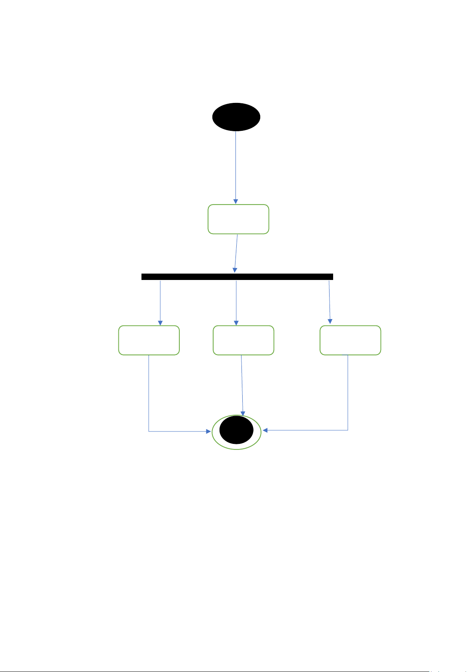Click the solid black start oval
click(x=236, y=117)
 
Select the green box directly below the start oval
click(x=238, y=219)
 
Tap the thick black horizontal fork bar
click(x=237, y=277)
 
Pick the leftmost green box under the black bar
click(x=149, y=340)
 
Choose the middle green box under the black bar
click(x=243, y=340)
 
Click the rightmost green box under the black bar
click(x=350, y=340)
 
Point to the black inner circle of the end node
click(x=236, y=430)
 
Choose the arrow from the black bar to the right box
click(x=330, y=302)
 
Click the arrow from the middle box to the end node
click(x=242, y=385)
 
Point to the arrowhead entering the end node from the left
click(x=208, y=431)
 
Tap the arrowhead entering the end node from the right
click(x=265, y=430)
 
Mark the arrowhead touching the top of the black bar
click(x=235, y=270)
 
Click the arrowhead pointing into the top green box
click(x=236, y=201)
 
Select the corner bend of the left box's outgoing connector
click(x=149, y=431)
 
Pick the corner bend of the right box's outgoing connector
click(x=348, y=430)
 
